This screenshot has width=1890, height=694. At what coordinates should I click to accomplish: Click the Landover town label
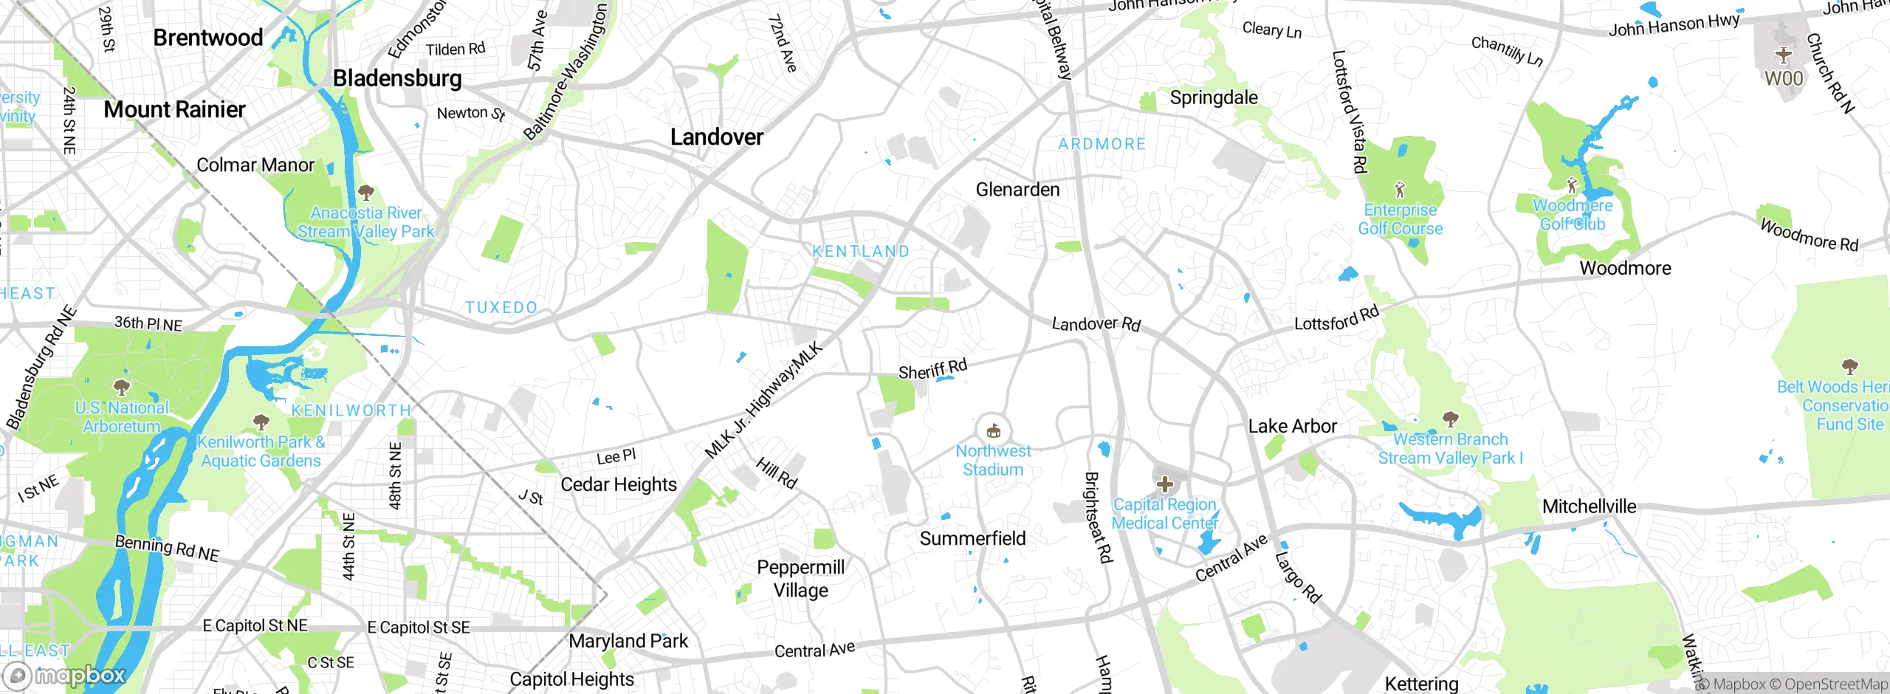716,137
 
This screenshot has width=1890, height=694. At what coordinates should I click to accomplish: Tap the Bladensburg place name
397,78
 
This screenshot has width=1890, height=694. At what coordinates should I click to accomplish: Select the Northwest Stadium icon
994,430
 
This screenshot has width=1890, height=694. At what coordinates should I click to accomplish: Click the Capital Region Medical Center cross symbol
1165,484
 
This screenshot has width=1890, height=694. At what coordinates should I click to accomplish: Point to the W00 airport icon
1784,55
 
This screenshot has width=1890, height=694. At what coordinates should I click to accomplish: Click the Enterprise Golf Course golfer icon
1400,189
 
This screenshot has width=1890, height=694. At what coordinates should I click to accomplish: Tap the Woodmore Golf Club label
1573,215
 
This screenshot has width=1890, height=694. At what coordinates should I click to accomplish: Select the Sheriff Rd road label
932,368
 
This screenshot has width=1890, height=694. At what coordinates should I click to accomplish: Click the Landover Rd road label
1096,323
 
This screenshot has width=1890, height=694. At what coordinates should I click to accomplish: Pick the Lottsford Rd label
1336,318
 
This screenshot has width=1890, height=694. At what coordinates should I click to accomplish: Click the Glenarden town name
1017,190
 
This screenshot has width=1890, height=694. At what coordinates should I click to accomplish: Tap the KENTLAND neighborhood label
861,252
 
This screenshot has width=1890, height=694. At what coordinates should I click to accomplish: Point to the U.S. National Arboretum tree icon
121,387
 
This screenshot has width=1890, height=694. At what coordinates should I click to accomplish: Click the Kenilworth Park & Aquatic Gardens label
261,451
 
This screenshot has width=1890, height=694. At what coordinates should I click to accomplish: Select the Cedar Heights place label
619,485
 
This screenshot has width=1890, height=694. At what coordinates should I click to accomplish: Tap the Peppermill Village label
801,579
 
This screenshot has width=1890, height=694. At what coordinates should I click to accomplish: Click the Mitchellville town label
1589,506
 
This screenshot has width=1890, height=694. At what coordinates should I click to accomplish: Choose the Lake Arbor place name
1292,426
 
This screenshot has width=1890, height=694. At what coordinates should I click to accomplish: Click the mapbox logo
65,676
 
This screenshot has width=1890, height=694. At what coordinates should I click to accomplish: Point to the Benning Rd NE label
167,548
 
